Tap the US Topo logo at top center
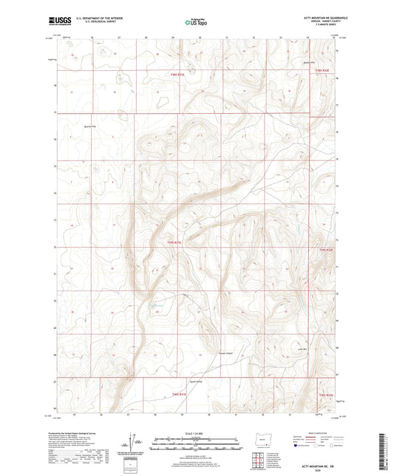(x=196, y=22)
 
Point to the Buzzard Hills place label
(x=309, y=62)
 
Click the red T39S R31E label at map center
(x=173, y=241)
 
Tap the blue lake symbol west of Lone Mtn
(x=156, y=305)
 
